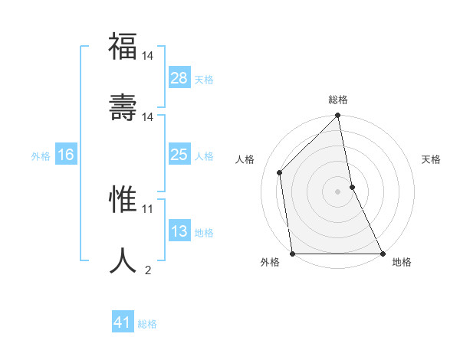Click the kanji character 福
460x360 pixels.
click(x=123, y=48)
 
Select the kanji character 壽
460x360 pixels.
click(x=123, y=107)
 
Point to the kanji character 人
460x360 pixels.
click(x=123, y=260)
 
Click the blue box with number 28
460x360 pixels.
click(x=179, y=78)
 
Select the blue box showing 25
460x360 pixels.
click(x=179, y=155)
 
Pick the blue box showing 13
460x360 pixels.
click(x=179, y=231)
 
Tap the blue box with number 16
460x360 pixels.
click(x=65, y=155)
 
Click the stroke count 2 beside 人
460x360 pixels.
click(x=147, y=269)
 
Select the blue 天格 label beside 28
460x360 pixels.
click(x=204, y=79)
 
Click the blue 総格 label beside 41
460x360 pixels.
click(x=147, y=323)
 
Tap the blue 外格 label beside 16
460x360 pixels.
click(x=41, y=155)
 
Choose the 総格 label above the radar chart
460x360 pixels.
click(x=338, y=100)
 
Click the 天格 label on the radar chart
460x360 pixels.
click(x=431, y=159)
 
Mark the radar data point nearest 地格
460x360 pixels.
click(x=383, y=254)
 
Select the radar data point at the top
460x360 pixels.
click(x=338, y=116)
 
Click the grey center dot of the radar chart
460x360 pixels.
click(x=338, y=191)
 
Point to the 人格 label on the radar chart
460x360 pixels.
click(x=245, y=159)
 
